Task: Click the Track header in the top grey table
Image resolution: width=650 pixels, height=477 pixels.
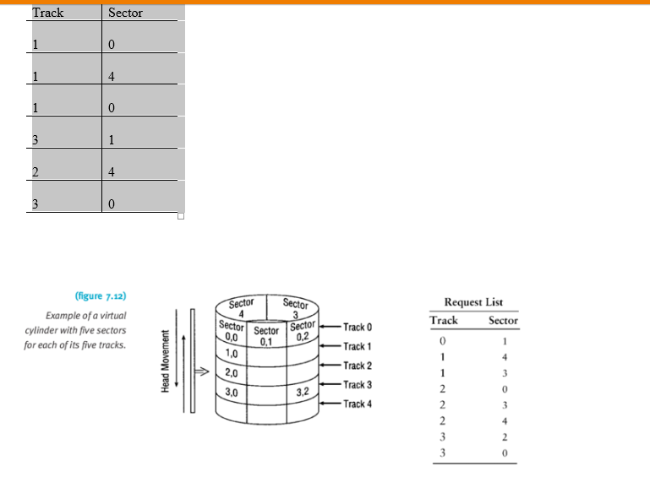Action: pyautogui.click(x=48, y=13)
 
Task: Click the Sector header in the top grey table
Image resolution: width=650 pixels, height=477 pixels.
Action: pyautogui.click(x=125, y=13)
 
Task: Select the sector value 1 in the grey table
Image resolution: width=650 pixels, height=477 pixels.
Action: pyautogui.click(x=112, y=140)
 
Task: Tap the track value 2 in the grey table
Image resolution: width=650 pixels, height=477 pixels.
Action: pyautogui.click(x=36, y=172)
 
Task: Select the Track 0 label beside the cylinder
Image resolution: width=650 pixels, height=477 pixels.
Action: pyautogui.click(x=358, y=327)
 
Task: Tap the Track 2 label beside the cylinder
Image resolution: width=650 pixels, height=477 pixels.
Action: pyautogui.click(x=358, y=366)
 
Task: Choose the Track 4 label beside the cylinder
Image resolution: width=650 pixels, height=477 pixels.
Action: pyautogui.click(x=358, y=404)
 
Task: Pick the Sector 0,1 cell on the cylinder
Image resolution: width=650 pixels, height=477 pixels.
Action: pyautogui.click(x=266, y=337)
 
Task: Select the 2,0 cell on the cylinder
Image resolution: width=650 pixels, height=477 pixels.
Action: pyautogui.click(x=231, y=372)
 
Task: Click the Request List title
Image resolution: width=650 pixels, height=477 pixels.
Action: pyautogui.click(x=473, y=301)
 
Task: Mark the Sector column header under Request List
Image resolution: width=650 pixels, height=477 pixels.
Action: pyautogui.click(x=503, y=320)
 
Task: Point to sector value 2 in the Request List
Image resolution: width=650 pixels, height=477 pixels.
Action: pyautogui.click(x=504, y=437)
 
